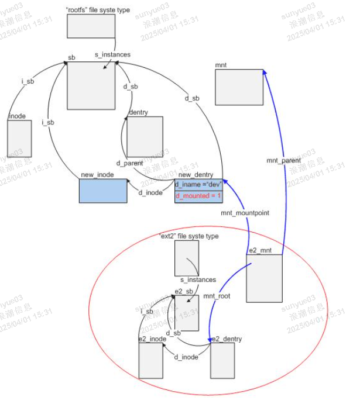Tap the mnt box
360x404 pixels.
pos(239,87)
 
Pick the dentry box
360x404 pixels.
pos(144,137)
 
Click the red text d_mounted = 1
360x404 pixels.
pos(198,196)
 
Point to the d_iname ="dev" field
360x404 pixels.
pos(198,185)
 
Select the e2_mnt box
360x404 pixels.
pos(264,278)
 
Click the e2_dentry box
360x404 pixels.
pos(222,360)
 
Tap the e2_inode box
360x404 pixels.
pos(150,360)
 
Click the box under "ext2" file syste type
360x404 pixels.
pos(187,258)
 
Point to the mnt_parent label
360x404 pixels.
pos(283,160)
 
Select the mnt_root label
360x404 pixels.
pos(217,296)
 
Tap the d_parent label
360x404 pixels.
pos(129,163)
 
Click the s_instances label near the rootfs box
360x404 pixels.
pos(112,54)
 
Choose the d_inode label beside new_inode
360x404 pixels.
pos(150,192)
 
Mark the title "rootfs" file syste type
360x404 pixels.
pos(98,10)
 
